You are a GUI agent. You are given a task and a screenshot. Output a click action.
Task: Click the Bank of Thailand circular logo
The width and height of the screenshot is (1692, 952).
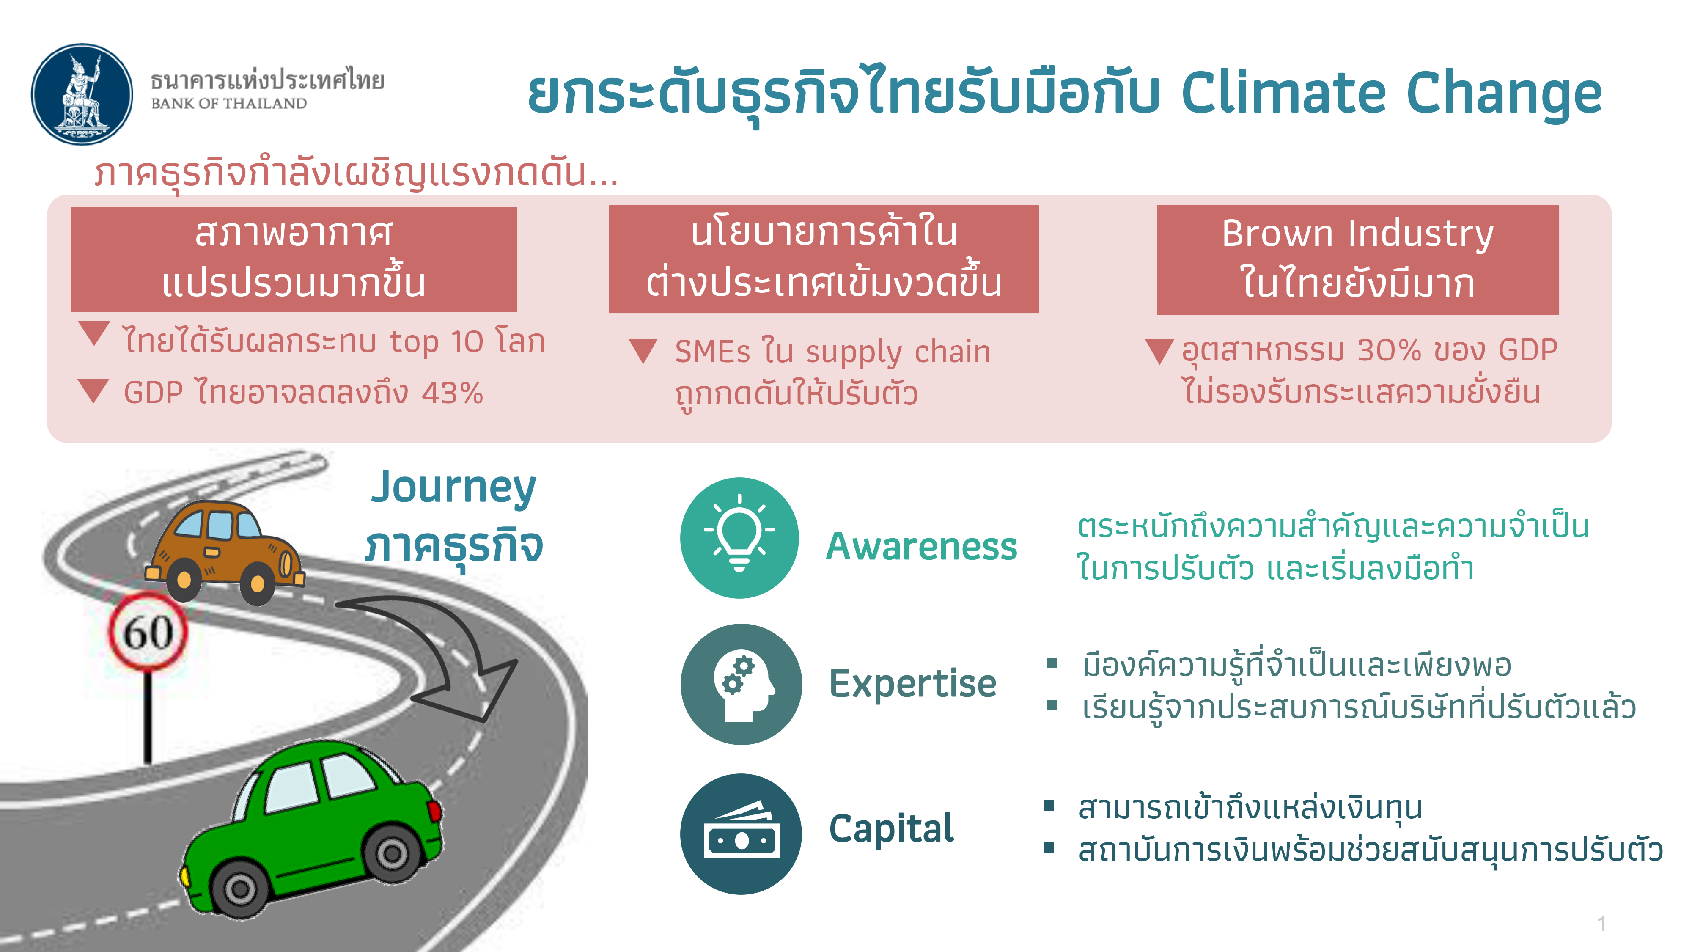coord(82,94)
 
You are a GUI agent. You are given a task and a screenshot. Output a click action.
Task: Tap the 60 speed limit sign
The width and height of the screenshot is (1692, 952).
coord(148,632)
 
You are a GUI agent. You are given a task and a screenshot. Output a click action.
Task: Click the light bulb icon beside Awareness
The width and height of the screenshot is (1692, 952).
coord(739,537)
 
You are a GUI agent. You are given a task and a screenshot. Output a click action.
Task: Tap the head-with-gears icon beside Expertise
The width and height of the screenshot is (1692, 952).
coord(741,684)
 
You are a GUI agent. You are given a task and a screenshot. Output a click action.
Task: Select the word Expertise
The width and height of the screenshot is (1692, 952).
coord(912,683)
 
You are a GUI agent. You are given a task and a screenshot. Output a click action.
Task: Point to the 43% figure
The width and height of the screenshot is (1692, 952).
coord(452,393)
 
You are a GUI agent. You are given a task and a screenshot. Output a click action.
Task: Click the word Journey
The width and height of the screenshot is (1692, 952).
coord(453,487)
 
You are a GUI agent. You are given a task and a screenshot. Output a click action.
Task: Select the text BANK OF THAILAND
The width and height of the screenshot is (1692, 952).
coord(228,104)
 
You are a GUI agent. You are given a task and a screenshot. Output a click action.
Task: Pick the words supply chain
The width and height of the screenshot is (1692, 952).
coord(897,352)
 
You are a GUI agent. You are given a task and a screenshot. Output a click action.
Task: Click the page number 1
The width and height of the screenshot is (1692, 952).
coord(1601,923)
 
